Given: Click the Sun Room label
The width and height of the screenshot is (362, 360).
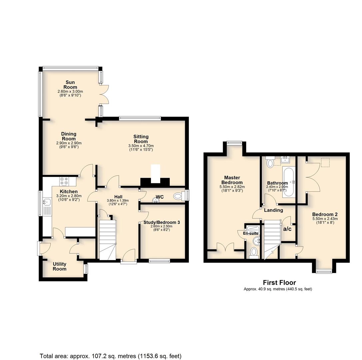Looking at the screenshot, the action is pyautogui.click(x=70, y=85).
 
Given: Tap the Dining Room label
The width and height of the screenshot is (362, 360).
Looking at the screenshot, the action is pyautogui.click(x=69, y=136).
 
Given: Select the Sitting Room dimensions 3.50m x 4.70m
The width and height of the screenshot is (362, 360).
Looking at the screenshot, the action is pyautogui.click(x=141, y=146).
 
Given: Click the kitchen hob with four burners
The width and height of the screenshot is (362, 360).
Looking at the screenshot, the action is pyautogui.click(x=64, y=181).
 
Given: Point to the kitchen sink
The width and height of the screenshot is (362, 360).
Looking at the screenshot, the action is pyautogui.click(x=47, y=202).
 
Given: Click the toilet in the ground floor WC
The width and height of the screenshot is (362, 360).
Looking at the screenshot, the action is pyautogui.click(x=179, y=196).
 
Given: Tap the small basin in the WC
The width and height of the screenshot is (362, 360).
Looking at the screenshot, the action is pyautogui.click(x=156, y=200).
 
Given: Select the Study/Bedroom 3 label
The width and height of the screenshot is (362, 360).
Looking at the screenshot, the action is pyautogui.click(x=162, y=222).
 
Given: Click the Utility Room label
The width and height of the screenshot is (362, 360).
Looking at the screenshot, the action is pyautogui.click(x=60, y=266).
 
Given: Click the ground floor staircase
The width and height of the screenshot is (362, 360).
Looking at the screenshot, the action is pyautogui.click(x=108, y=240).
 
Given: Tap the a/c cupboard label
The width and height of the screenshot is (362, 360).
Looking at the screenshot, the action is pyautogui.click(x=287, y=229).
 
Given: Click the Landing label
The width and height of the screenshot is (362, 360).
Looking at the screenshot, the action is pyautogui.click(x=273, y=210).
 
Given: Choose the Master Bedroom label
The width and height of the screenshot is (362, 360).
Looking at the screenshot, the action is pyautogui.click(x=232, y=180).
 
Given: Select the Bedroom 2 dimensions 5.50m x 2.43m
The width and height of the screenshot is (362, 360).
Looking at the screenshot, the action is pyautogui.click(x=325, y=219).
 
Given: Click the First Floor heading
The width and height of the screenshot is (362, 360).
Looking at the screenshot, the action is pyautogui.click(x=279, y=282).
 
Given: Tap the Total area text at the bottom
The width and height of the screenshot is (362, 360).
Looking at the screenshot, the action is pyautogui.click(x=111, y=356).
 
